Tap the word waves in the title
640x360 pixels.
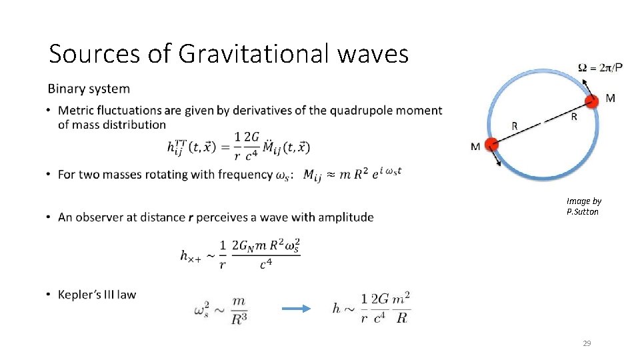(373, 53)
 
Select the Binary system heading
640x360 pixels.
(89, 89)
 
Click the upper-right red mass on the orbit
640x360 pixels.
(591, 101)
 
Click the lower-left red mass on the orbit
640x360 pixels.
(491, 145)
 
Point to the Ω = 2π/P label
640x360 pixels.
(605, 68)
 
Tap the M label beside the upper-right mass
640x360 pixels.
(610, 99)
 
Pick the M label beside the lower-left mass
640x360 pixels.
(475, 147)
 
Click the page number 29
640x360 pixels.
(587, 343)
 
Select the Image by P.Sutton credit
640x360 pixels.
(583, 206)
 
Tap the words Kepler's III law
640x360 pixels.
(97, 295)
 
